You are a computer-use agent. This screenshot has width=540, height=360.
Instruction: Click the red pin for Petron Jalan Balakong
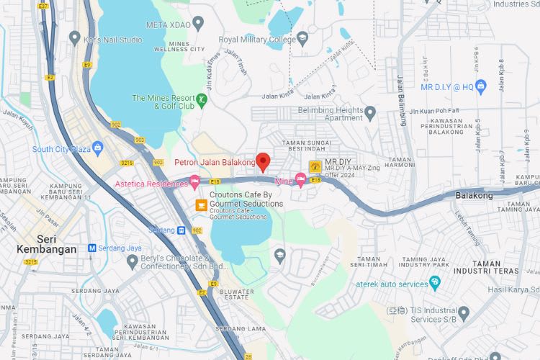[x=263, y=161]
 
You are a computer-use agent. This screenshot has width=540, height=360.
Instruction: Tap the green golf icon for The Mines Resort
[x=202, y=100]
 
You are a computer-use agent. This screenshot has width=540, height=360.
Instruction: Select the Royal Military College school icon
[x=302, y=38]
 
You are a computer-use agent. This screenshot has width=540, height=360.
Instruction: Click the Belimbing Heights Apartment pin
[x=370, y=112]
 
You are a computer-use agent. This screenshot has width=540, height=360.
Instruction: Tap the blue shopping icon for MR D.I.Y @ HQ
[x=482, y=86]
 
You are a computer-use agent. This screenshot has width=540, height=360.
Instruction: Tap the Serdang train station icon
[x=182, y=230]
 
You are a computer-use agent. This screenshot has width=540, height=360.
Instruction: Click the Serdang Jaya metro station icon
[x=92, y=248]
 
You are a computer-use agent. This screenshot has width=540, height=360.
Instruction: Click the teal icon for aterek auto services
[x=434, y=282]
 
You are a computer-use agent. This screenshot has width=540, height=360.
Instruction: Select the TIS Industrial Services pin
[x=464, y=313]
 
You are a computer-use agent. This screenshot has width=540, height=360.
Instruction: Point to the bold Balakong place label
[x=474, y=195]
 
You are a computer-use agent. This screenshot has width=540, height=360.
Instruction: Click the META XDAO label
[x=169, y=24]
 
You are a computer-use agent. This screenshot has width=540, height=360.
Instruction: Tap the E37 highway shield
[x=43, y=6]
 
